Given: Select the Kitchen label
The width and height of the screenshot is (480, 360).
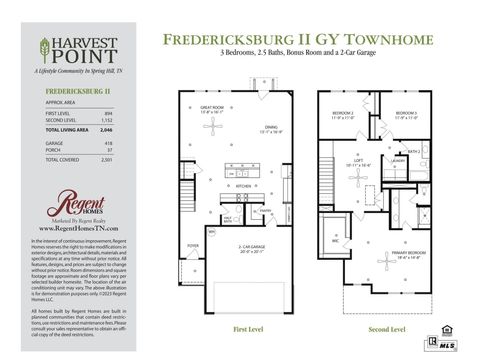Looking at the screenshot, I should pyautogui.click(x=243, y=186).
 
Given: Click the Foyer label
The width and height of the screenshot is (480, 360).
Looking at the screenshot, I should pyautogui.click(x=194, y=243).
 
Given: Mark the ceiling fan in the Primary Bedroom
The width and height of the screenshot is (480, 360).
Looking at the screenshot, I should pyautogui.click(x=385, y=262).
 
